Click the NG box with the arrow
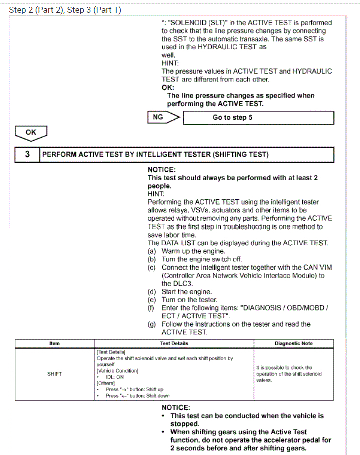click(x=163, y=117)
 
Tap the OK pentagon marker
click(x=31, y=132)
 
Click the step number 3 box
click(x=27, y=154)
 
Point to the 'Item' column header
click(x=54, y=343)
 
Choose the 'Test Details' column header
click(x=174, y=343)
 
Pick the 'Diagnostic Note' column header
click(x=294, y=343)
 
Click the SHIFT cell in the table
click(x=54, y=374)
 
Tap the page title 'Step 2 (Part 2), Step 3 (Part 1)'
click(x=65, y=10)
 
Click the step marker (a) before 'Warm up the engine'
click(x=152, y=251)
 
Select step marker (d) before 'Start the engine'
click(x=152, y=291)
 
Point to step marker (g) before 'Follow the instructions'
click(x=152, y=324)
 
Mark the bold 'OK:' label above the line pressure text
click(x=168, y=87)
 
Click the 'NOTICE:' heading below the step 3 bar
click(x=162, y=170)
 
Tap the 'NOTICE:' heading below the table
click(x=176, y=408)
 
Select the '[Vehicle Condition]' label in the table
click(x=117, y=371)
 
